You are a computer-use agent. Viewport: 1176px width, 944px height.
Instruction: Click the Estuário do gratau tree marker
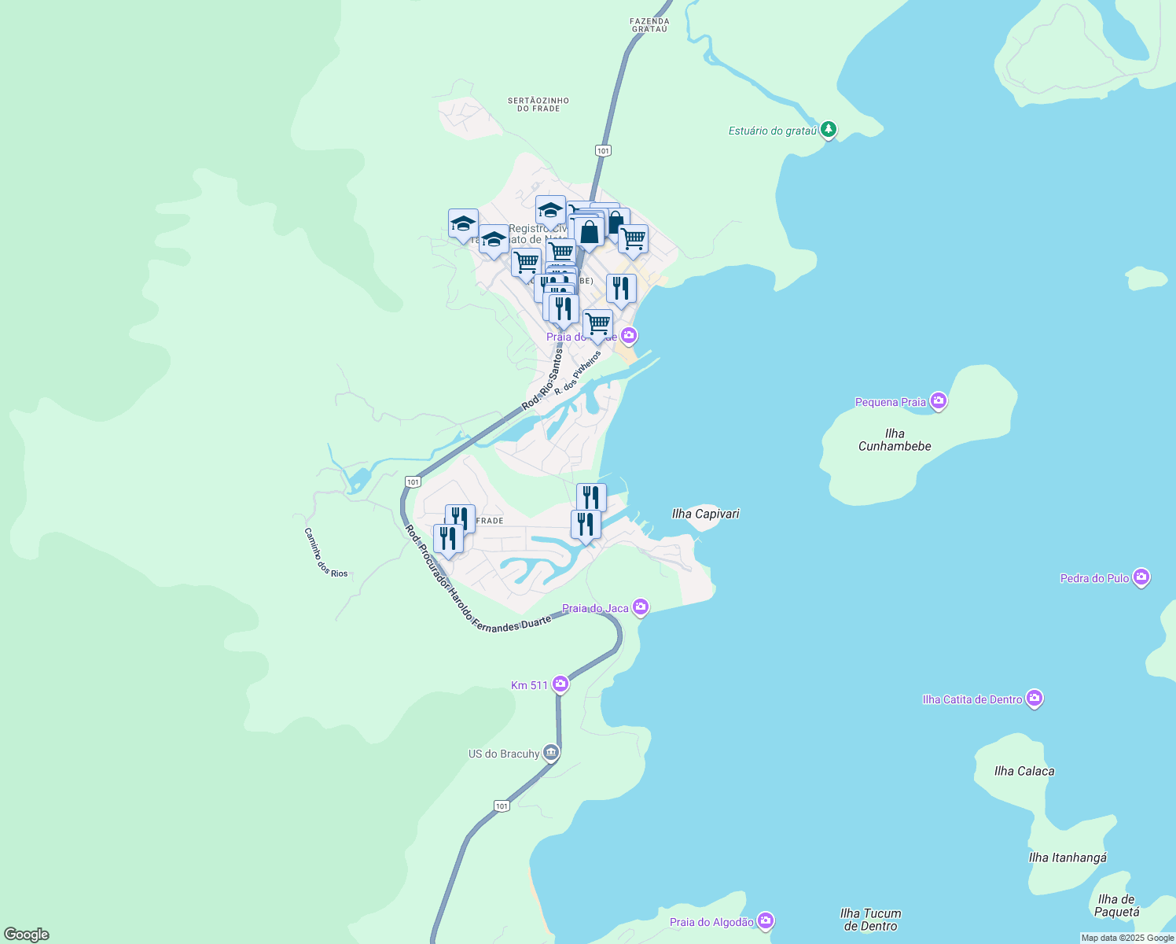tap(828, 129)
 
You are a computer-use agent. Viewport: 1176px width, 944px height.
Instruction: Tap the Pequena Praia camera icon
tap(938, 401)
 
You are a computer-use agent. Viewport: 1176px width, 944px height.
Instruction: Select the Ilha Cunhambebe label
tap(895, 440)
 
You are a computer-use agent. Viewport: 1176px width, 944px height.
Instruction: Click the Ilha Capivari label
tap(705, 514)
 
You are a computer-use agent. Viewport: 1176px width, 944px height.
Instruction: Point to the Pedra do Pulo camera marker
tap(1142, 577)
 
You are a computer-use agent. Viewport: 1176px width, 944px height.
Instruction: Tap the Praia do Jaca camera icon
tap(641, 607)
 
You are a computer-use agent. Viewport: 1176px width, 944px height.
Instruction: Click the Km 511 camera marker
tap(560, 684)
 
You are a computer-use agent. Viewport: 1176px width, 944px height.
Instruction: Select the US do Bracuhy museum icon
tap(551, 753)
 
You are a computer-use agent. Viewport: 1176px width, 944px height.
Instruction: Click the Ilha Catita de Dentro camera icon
tap(1035, 699)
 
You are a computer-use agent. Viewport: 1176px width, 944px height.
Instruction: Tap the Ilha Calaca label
tap(1024, 771)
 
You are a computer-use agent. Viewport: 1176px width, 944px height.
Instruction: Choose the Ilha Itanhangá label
tap(1068, 857)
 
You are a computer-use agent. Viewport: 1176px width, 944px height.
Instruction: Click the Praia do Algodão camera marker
tap(766, 921)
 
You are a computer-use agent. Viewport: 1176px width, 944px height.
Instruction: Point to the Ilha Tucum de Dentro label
tap(870, 920)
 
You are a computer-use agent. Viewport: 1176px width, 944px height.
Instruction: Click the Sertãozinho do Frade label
tap(538, 105)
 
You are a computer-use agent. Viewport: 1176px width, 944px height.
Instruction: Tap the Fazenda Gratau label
tap(650, 25)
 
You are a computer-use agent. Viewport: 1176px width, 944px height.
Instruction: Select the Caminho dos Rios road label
tap(325, 552)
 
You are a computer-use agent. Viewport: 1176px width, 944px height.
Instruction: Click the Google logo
tap(27, 934)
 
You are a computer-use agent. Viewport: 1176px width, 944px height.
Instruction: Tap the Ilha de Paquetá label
tap(1117, 905)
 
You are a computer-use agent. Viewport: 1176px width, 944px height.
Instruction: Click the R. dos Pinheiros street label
tap(578, 373)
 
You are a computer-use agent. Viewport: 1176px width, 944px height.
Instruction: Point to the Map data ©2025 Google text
tap(1127, 938)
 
